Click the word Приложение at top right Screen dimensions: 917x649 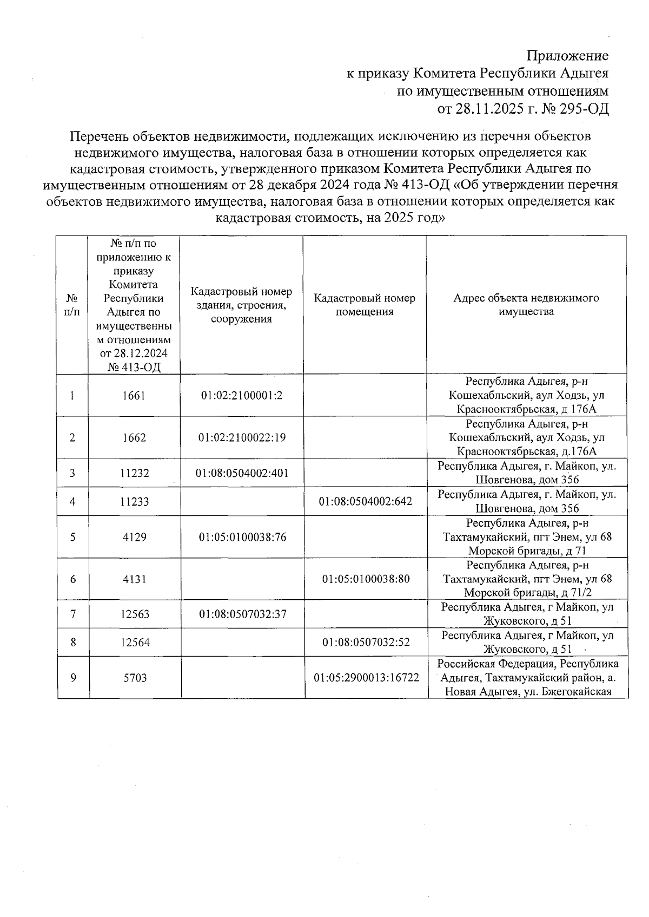tap(567, 56)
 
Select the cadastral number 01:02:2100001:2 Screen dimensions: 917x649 tap(242, 396)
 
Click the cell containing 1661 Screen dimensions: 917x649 tap(134, 396)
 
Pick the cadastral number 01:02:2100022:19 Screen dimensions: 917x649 tap(242, 437)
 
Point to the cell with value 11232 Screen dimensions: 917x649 tap(134, 473)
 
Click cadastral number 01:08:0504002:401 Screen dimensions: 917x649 tap(242, 473)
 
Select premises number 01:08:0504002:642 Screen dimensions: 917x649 tap(365, 501)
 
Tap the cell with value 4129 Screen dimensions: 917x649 tap(134, 537)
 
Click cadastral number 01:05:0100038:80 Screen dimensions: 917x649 tap(366, 579)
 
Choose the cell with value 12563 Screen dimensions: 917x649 tap(134, 614)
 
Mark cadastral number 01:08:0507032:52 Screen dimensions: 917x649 tap(366, 643)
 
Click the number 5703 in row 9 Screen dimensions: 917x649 tap(134, 678)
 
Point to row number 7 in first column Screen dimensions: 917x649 tap(72, 614)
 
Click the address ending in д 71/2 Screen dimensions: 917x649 tap(527, 579)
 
